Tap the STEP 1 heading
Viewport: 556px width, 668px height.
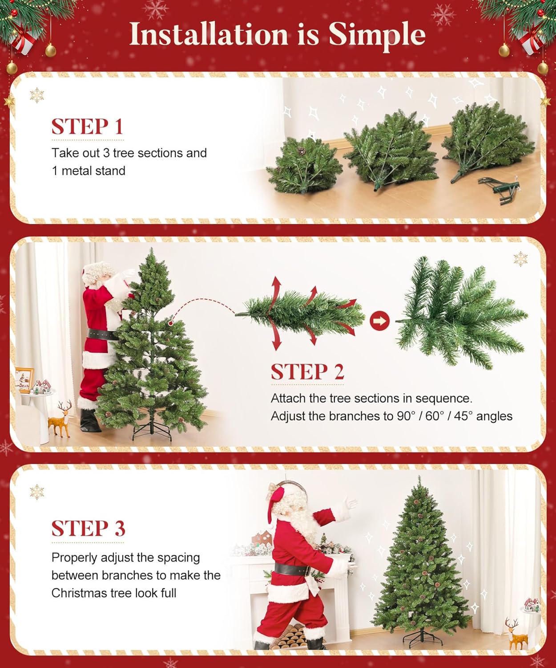click(x=87, y=127)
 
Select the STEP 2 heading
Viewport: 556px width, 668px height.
click(x=307, y=372)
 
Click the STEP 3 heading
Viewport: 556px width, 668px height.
click(x=88, y=529)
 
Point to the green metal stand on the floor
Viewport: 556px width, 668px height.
click(x=500, y=190)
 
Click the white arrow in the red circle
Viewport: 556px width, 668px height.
click(x=379, y=321)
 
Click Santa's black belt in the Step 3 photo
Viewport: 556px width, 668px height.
click(x=292, y=569)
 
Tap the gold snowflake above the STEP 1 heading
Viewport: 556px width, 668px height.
click(x=36, y=95)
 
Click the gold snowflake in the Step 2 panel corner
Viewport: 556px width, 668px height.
click(x=520, y=259)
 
